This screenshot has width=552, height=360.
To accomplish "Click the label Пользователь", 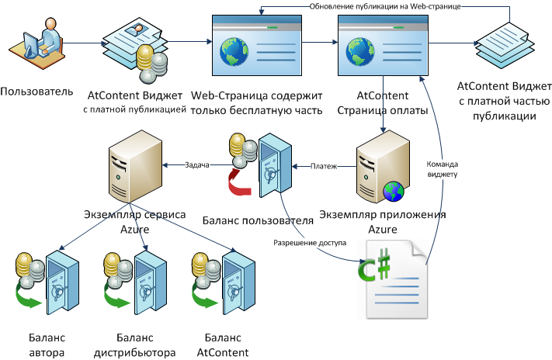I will click(37, 92).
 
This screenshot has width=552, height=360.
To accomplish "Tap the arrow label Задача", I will click(198, 164).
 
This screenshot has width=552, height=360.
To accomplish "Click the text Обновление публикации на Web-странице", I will click(385, 7).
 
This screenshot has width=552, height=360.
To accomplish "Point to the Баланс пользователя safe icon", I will click(273, 167).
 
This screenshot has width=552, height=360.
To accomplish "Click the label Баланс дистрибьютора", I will click(135, 345).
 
